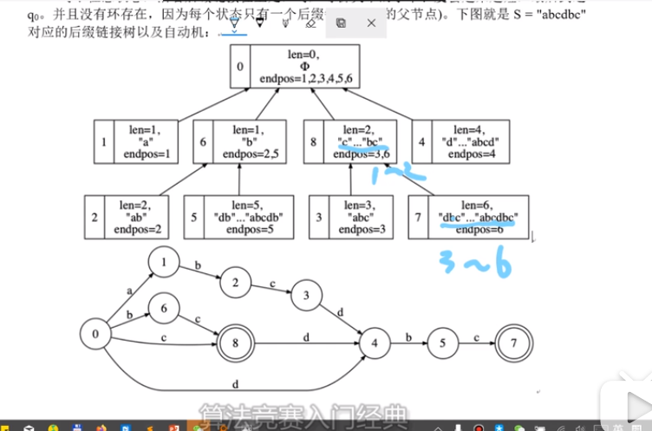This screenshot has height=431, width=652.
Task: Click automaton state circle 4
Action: click(x=375, y=343)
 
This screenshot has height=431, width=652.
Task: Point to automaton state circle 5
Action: click(x=442, y=343)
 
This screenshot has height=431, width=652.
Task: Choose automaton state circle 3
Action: click(x=305, y=294)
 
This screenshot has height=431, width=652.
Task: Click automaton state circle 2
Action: click(x=234, y=282)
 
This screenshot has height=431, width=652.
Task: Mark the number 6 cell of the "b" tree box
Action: click(x=203, y=141)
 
